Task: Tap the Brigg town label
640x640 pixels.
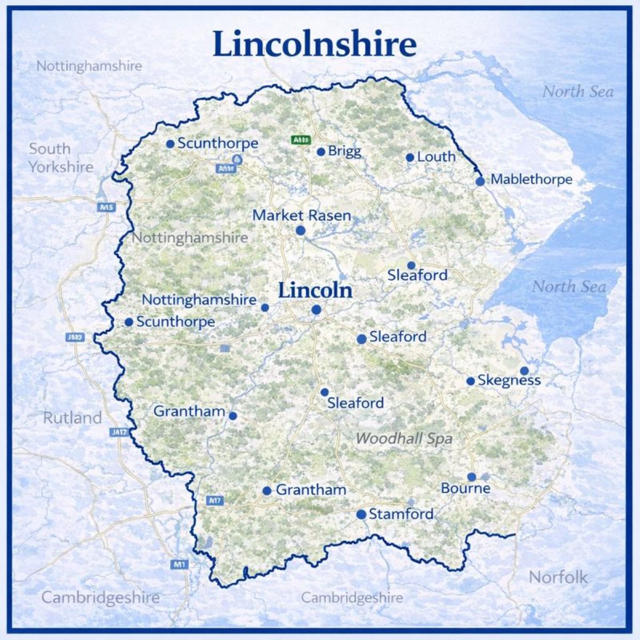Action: pos(345,151)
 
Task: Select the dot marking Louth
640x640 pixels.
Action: pos(410,157)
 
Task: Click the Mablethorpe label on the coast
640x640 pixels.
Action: pos(531,179)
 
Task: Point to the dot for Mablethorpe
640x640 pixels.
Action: pos(480,181)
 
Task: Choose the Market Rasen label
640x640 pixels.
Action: pos(302,215)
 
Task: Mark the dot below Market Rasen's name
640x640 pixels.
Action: pos(300,230)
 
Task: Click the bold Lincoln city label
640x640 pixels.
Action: pos(315,291)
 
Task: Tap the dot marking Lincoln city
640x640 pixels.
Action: pos(316,309)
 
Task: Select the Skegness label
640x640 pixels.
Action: pos(509,380)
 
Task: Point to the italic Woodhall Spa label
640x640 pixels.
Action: pos(404,439)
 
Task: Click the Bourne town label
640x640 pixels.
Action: pos(465,489)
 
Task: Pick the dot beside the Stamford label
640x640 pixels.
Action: pos(361,514)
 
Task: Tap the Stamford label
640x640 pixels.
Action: pos(401,514)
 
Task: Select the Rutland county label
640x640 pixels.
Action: pos(72,418)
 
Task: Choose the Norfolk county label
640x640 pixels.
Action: pos(558,577)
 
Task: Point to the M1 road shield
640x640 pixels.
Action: pos(178,564)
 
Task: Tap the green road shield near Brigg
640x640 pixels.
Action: pos(300,140)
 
